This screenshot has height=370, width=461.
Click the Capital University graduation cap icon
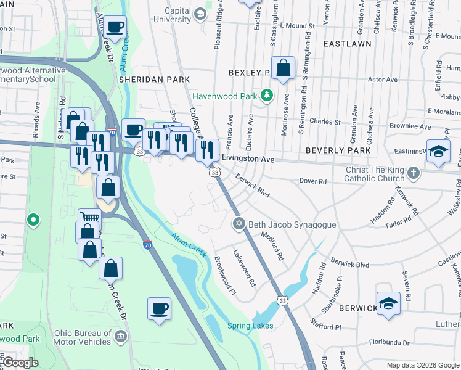point(200,14)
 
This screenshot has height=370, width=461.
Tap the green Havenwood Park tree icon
point(266,96)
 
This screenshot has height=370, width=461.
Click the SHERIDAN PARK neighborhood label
point(147,80)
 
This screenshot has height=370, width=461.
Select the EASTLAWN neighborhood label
point(346,44)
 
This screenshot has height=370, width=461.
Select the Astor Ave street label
point(382,80)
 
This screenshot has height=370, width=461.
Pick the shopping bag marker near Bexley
point(283,68)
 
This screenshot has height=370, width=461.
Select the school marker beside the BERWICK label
point(388,303)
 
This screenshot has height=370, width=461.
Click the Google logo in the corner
point(21,363)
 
